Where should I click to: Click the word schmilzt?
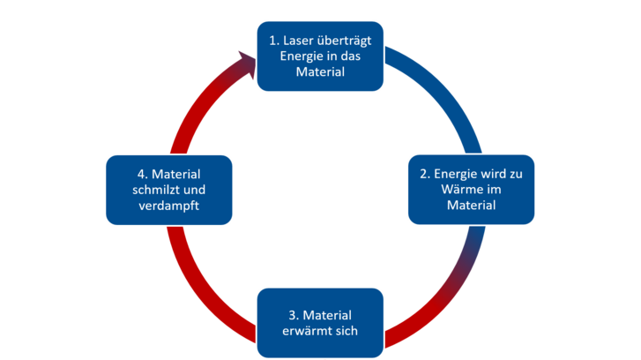pos(159,190)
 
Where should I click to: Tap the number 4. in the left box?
pos(143,174)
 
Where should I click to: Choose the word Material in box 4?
pos(183,174)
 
